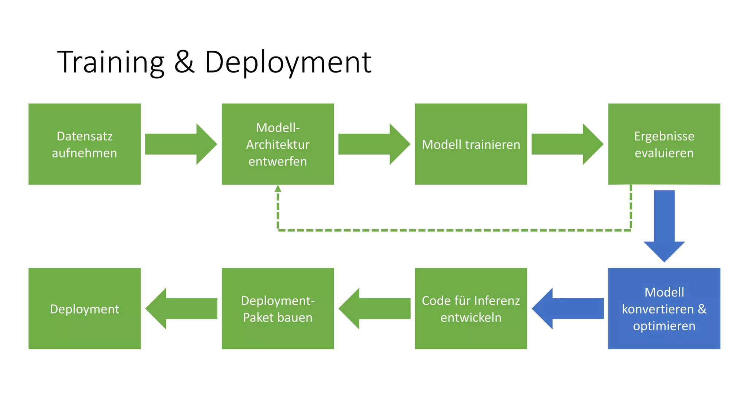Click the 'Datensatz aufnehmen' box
(84, 144)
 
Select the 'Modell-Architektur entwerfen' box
(278, 144)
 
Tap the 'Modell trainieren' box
(471, 144)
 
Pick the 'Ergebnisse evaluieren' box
(664, 144)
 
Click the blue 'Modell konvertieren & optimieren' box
(664, 308)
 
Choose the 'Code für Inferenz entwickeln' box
(471, 308)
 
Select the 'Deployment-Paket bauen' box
(278, 308)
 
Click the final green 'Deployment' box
(84, 308)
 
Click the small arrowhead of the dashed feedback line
(278, 188)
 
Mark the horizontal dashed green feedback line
(454, 230)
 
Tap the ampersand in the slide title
(184, 62)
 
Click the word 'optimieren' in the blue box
(664, 326)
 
